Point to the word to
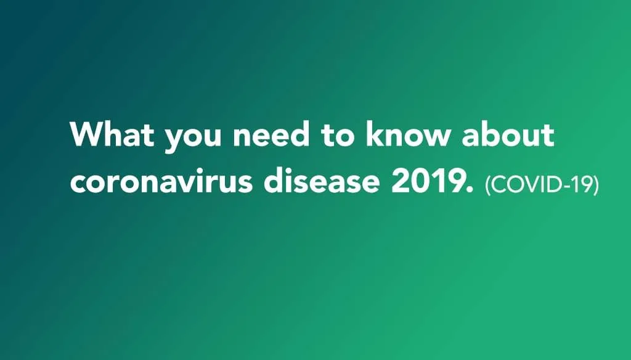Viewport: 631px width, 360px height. (x=337, y=134)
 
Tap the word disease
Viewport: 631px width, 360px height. (x=322, y=179)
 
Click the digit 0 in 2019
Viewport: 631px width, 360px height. (x=419, y=181)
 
